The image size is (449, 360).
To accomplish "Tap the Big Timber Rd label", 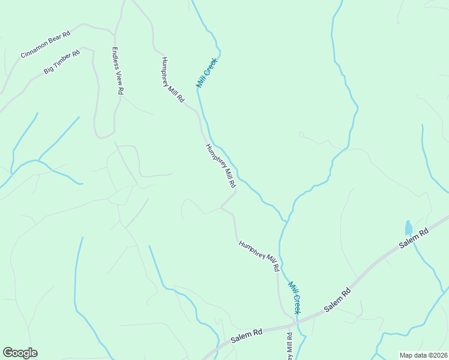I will point(62,62).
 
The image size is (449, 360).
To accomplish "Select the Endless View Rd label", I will point(117,71).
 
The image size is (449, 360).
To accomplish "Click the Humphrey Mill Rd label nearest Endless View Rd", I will point(172,80).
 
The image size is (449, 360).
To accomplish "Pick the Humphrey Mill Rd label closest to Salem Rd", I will point(259,256).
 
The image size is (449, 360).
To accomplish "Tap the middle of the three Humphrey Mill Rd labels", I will point(220,166).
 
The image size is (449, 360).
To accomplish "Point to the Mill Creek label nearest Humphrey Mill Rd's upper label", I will point(207,73).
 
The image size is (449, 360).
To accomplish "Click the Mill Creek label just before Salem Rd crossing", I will point(294,297).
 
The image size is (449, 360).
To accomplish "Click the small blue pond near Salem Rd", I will point(409,228).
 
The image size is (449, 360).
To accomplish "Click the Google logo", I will point(20,353).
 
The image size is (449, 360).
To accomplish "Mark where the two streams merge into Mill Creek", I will point(286,221).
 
